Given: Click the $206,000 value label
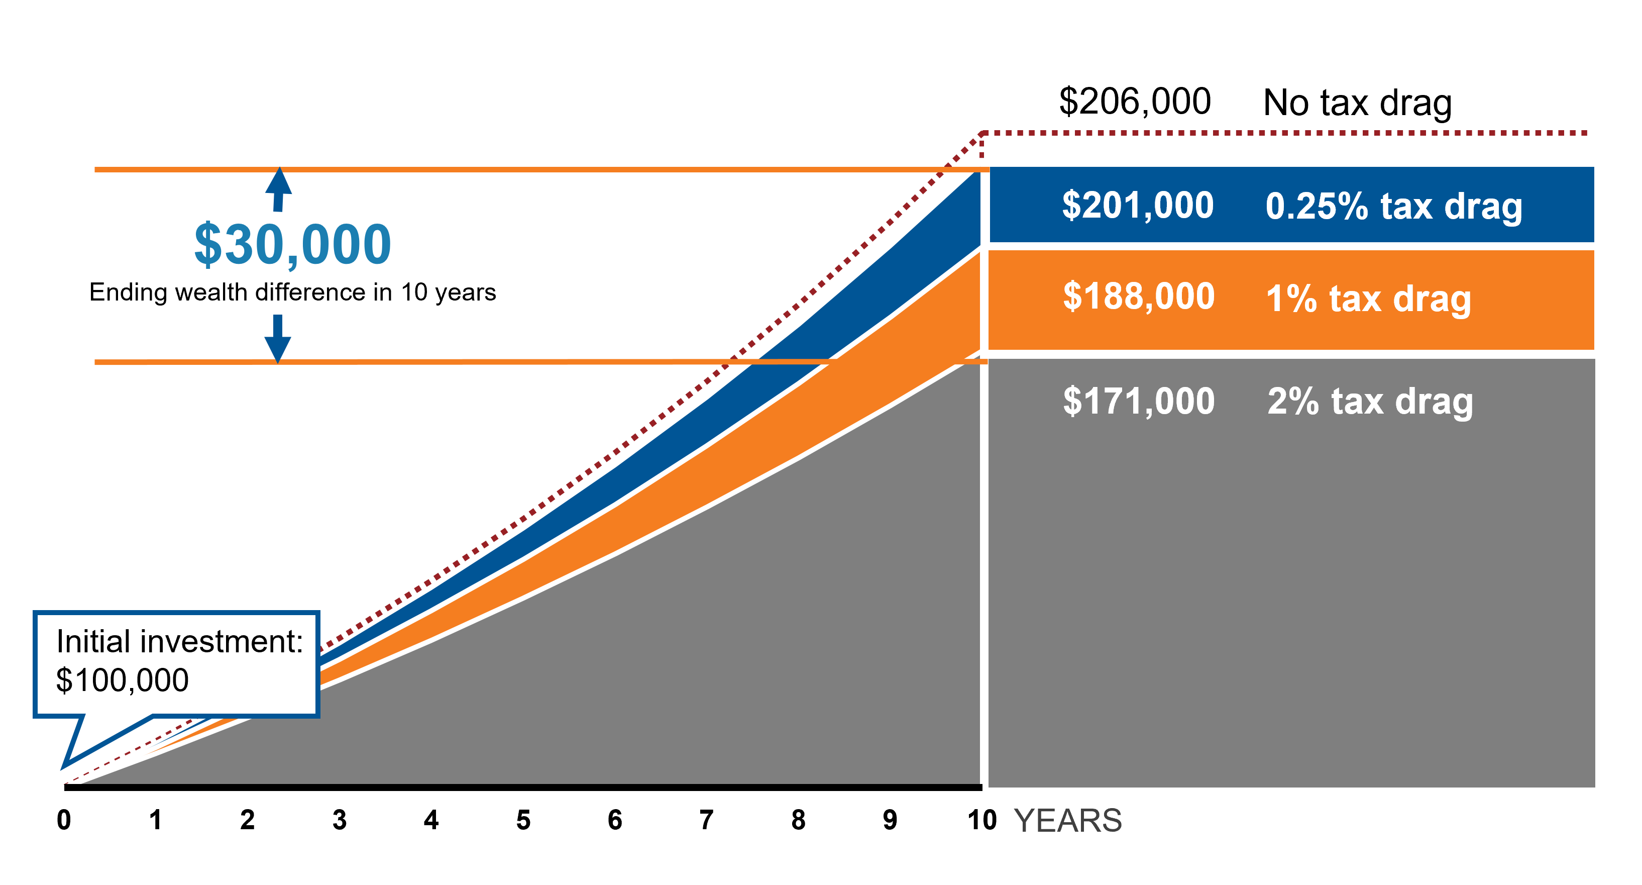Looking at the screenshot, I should [x=1135, y=102].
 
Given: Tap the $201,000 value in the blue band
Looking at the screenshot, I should [x=1138, y=206].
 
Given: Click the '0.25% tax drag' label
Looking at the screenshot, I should [x=1393, y=207].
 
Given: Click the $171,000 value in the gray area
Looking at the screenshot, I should [x=1138, y=401].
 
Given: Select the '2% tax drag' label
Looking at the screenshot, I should [x=1370, y=402].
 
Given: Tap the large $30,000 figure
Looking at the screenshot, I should [x=292, y=244].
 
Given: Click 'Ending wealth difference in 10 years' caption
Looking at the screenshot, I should [x=292, y=292].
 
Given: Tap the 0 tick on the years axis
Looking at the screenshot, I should [x=64, y=820].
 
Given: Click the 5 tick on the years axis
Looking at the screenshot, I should [x=523, y=820].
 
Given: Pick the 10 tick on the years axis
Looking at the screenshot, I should [x=981, y=820].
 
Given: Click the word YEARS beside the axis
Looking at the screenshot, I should [x=1068, y=821].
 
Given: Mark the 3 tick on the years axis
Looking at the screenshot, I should [x=340, y=820].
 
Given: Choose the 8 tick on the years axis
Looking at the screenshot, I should [x=799, y=820].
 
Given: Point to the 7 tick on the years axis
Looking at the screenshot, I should [x=706, y=820].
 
